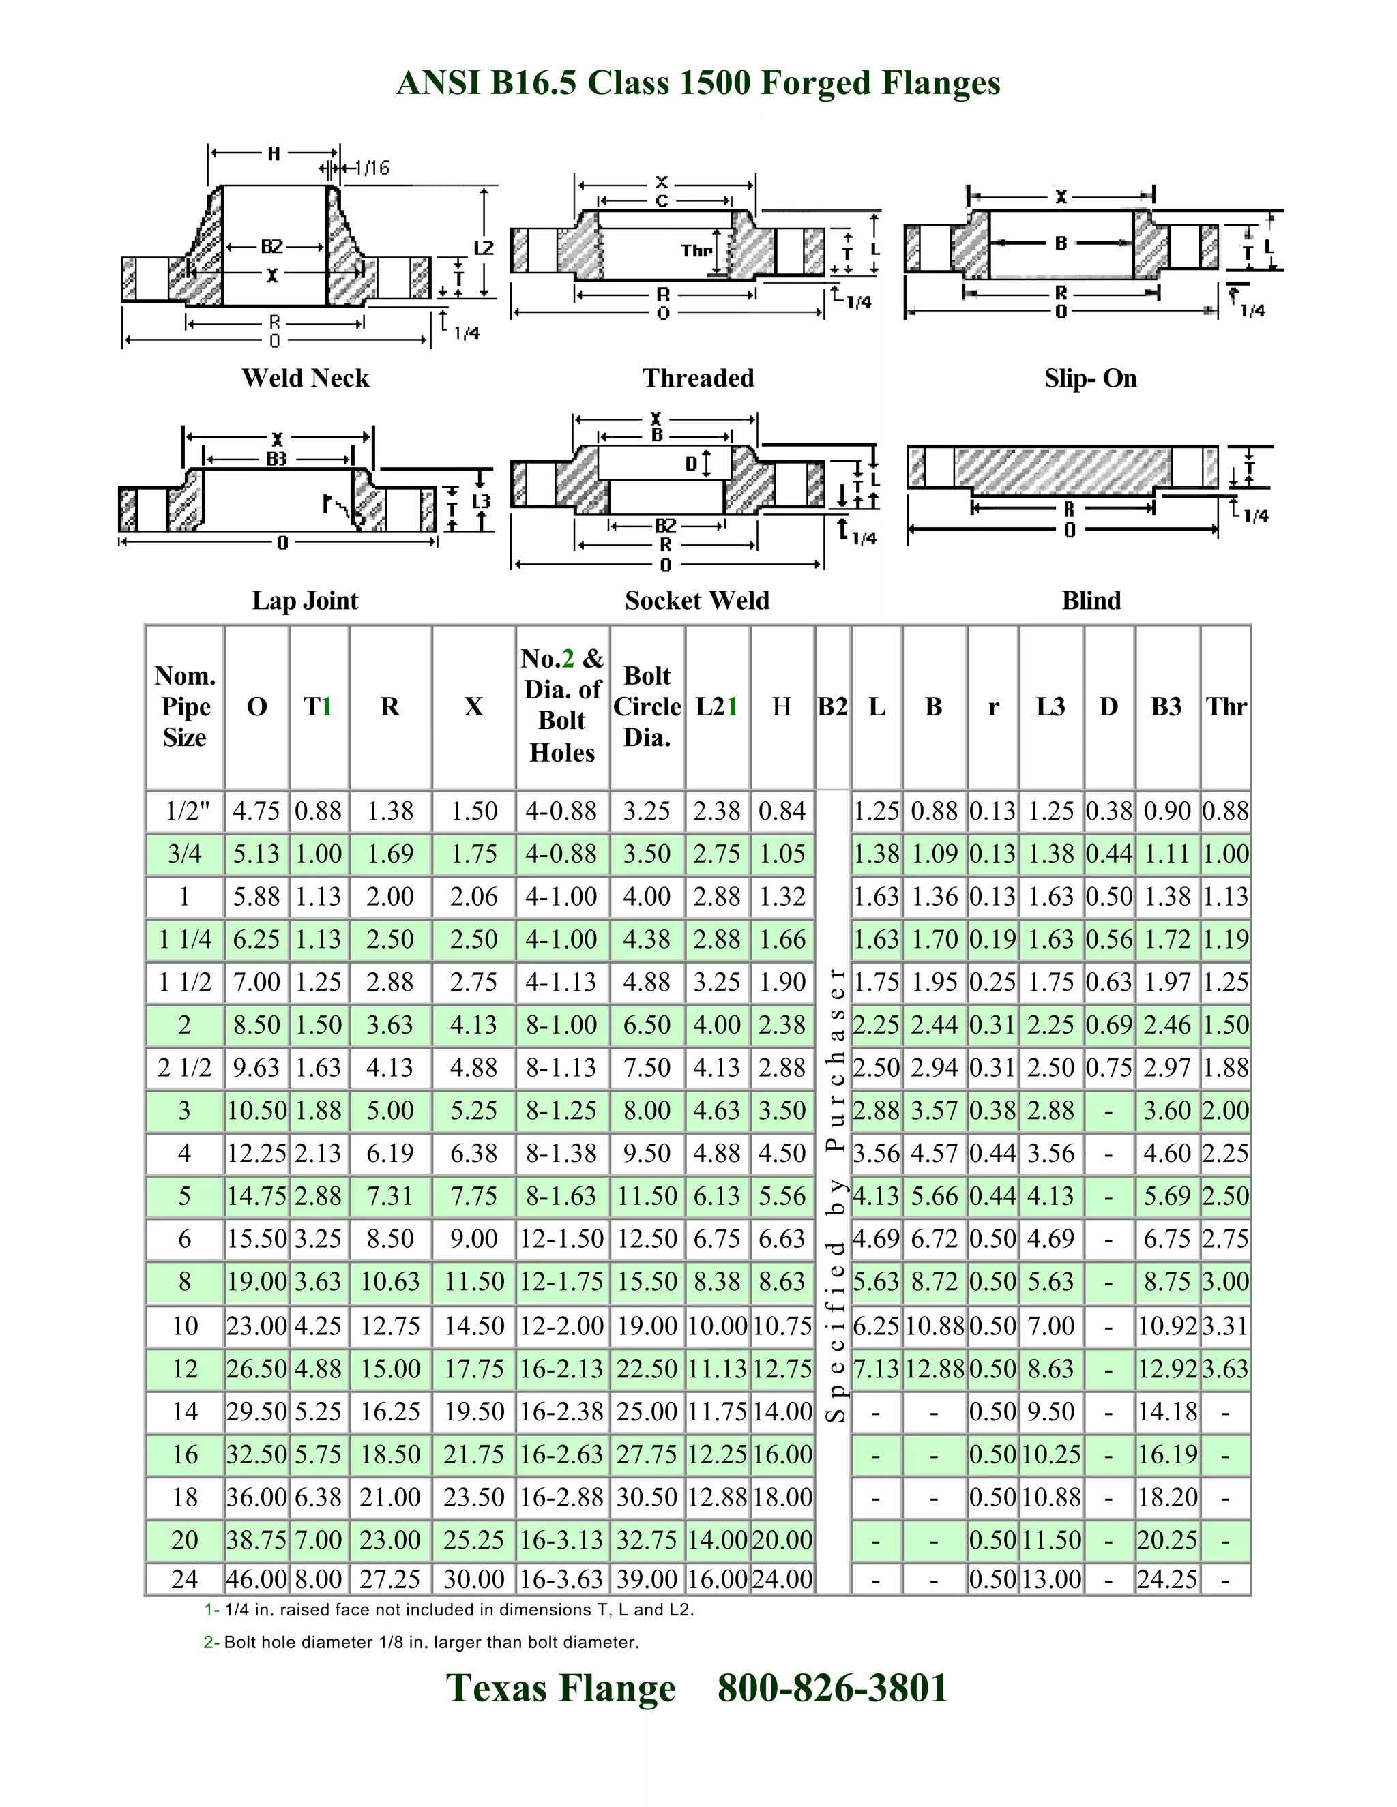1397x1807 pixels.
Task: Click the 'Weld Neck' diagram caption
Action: pyautogui.click(x=306, y=378)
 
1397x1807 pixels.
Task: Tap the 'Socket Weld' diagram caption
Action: pyautogui.click(x=697, y=600)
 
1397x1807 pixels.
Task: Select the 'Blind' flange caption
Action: pyautogui.click(x=1091, y=600)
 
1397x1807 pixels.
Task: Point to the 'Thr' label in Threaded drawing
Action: pyautogui.click(x=696, y=250)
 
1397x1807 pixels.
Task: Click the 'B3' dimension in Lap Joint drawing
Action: pyautogui.click(x=276, y=458)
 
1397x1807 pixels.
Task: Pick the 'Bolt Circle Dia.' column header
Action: pyautogui.click(x=647, y=706)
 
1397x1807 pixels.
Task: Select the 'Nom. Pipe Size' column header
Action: pyautogui.click(x=185, y=706)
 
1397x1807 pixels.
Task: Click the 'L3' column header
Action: pyautogui.click(x=1051, y=706)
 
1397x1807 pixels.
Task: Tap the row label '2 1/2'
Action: pyautogui.click(x=185, y=1067)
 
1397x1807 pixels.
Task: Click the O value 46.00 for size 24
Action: pyautogui.click(x=256, y=1579)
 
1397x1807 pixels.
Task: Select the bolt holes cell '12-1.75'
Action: pyautogui.click(x=562, y=1282)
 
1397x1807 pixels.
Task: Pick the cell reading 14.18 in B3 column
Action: pyautogui.click(x=1167, y=1411)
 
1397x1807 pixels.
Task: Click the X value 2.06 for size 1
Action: pyautogui.click(x=473, y=896)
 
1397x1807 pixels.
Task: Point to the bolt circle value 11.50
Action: pyautogui.click(x=647, y=1195)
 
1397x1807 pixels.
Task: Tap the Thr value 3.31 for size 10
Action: pyautogui.click(x=1225, y=1326)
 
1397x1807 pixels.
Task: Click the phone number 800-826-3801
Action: pyautogui.click(x=833, y=1688)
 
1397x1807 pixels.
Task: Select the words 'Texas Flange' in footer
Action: pyautogui.click(x=561, y=1688)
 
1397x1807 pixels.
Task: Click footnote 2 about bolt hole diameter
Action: pyautogui.click(x=422, y=1643)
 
